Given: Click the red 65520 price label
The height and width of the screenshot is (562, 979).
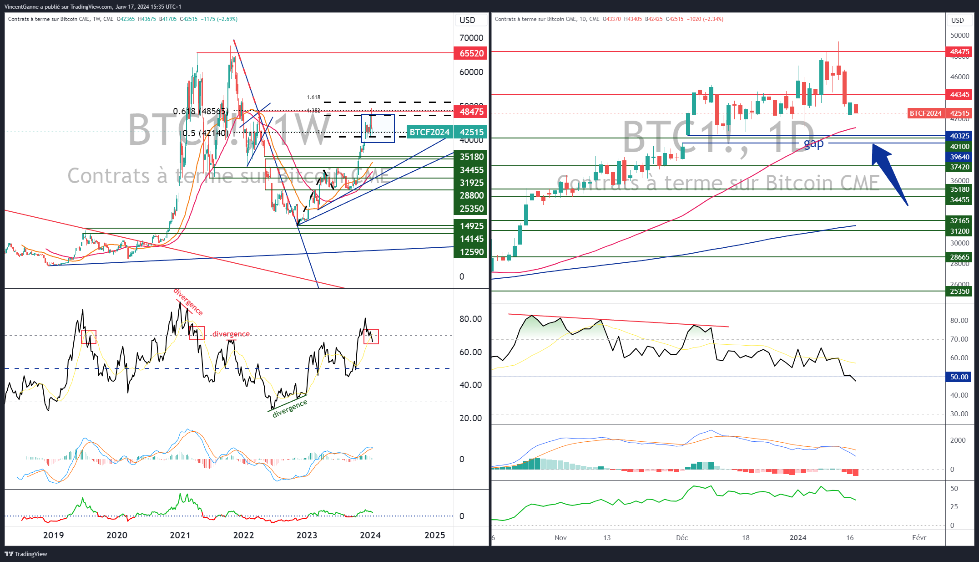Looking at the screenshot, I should pyautogui.click(x=471, y=53).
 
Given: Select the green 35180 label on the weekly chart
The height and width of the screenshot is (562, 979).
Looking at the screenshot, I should pyautogui.click(x=471, y=157).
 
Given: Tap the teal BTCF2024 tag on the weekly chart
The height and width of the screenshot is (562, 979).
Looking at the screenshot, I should pyautogui.click(x=429, y=132).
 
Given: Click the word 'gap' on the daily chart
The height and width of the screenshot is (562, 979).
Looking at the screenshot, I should pyautogui.click(x=813, y=144).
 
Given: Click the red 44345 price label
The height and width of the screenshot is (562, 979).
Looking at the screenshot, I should pyautogui.click(x=959, y=95).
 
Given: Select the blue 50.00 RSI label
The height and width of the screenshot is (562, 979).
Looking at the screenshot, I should pyautogui.click(x=959, y=377).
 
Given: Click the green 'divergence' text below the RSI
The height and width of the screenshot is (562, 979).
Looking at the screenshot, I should pyautogui.click(x=290, y=409).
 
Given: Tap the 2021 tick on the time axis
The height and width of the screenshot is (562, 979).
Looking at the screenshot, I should pyautogui.click(x=180, y=535).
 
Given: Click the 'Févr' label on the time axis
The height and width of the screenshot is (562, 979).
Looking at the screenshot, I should pyautogui.click(x=919, y=538).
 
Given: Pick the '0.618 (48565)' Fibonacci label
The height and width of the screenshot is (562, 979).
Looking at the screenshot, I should pyautogui.click(x=201, y=111).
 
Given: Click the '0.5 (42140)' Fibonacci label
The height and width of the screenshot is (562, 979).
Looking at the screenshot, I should pyautogui.click(x=205, y=133).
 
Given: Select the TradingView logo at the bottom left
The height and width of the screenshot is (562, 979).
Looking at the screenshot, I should pyautogui.click(x=26, y=554).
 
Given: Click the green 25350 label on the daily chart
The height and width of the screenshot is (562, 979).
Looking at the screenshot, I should pyautogui.click(x=959, y=291).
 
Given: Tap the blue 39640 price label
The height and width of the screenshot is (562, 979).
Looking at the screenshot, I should pyautogui.click(x=959, y=157).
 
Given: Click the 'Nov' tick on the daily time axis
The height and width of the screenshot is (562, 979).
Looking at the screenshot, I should pyautogui.click(x=560, y=538).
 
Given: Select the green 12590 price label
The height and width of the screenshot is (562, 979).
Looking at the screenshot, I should pyautogui.click(x=471, y=252).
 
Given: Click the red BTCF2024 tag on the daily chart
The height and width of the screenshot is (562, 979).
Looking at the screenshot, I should pyautogui.click(x=925, y=113).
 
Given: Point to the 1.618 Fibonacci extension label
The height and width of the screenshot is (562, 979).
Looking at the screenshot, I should pyautogui.click(x=313, y=97).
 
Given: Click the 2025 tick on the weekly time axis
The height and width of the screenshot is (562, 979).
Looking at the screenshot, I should pyautogui.click(x=434, y=535).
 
